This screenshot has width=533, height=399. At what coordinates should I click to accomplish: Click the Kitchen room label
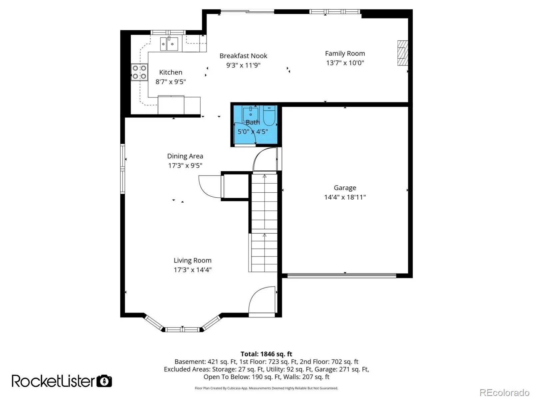coord(171,72)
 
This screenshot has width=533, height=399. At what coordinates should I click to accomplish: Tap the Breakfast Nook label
coord(243,56)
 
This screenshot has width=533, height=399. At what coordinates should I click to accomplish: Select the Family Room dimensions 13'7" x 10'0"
coord(345,63)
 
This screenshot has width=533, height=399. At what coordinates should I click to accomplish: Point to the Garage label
coord(345,188)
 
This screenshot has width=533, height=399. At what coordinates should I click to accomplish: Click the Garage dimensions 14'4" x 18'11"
coord(345,197)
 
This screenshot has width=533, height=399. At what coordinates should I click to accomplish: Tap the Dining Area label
coord(185,156)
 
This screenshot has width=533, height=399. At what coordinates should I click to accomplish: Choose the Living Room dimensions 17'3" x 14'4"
coord(193,270)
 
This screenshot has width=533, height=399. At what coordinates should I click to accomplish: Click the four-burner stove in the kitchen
coord(139,72)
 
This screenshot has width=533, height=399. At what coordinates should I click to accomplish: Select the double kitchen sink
coord(169,44)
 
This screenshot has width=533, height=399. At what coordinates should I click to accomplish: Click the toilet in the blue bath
coord(269,115)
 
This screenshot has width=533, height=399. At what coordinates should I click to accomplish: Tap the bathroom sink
coord(251,114)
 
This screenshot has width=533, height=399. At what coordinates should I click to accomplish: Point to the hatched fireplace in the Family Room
coord(402,53)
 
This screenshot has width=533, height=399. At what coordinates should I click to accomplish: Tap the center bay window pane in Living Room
coord(182,329)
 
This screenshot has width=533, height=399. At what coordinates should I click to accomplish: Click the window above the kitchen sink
coord(168,33)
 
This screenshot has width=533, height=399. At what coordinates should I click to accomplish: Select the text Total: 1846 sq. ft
coord(266,354)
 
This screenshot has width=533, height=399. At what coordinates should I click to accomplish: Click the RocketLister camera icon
coord(104,381)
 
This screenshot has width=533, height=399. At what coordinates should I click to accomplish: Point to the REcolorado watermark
coord(504,392)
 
